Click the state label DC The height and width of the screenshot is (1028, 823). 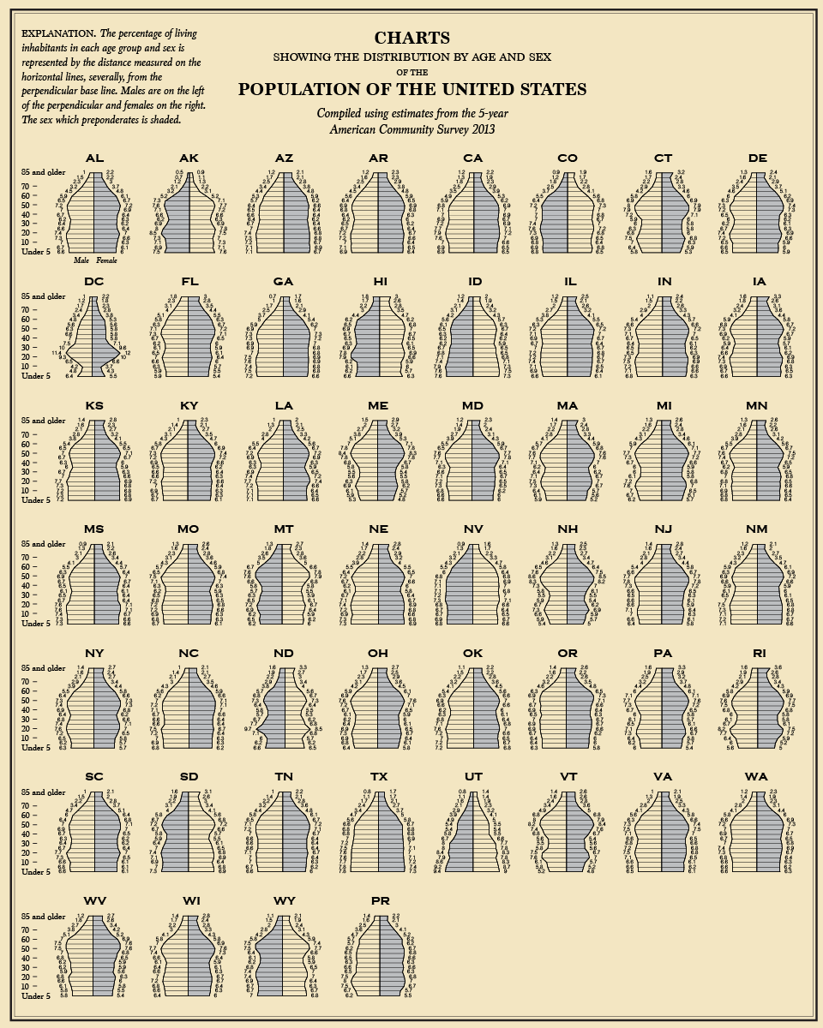click(x=94, y=282)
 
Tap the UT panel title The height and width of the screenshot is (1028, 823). click(x=472, y=777)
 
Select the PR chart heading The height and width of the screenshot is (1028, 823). click(x=378, y=900)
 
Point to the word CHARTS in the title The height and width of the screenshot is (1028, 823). click(x=411, y=38)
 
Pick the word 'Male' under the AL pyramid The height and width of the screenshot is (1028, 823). click(x=82, y=260)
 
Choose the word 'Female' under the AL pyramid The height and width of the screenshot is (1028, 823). click(x=107, y=260)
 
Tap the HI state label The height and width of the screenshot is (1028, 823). click(x=378, y=282)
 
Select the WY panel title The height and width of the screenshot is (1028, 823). click(x=284, y=900)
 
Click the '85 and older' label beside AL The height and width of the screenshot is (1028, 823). click(x=43, y=173)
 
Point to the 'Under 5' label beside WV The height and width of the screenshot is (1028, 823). click(x=36, y=995)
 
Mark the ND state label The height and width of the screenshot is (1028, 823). click(x=284, y=654)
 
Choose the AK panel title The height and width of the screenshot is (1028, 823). click(x=189, y=158)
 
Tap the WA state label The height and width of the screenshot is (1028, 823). click(x=756, y=777)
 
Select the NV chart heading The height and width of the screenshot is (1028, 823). click(x=472, y=529)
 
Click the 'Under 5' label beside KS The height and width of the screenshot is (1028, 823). click(x=36, y=500)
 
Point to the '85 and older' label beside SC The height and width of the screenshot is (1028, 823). click(x=43, y=792)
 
